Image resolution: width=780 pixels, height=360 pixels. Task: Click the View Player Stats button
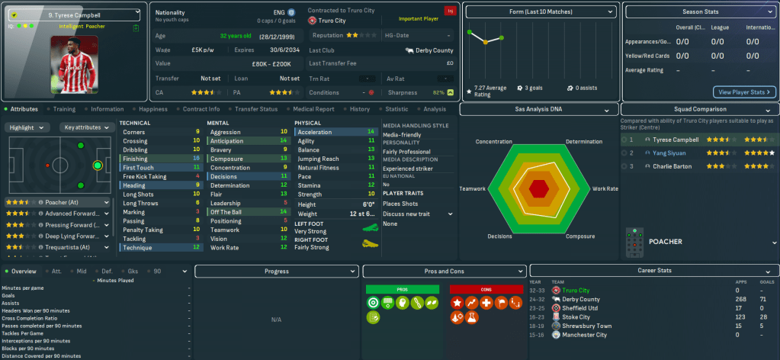[x=743, y=92]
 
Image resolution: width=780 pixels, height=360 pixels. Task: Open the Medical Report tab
[x=313, y=109]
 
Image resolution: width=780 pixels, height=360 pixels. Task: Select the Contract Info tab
[x=201, y=109]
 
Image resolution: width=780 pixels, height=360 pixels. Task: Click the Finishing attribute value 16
[x=197, y=158]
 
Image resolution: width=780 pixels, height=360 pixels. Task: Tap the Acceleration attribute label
[x=315, y=132]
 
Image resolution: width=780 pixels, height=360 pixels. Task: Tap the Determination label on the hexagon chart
[x=583, y=142]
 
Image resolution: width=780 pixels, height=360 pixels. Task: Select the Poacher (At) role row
[x=57, y=202]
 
